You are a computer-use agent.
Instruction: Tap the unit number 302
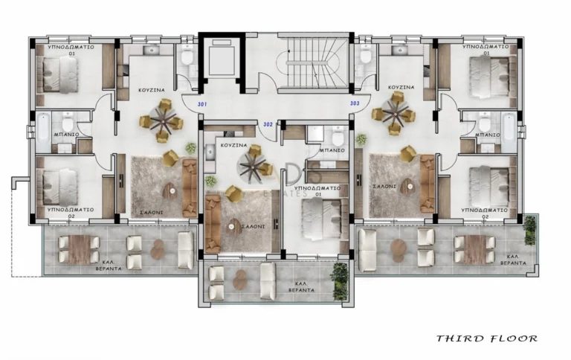pos(268,125)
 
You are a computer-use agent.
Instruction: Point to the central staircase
pos(313,62)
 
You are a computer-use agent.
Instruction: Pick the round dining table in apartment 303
pos(395,113)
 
